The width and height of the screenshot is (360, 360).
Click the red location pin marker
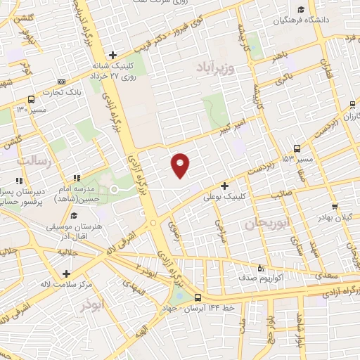(181, 165)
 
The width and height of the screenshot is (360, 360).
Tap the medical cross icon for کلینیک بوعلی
(224, 186)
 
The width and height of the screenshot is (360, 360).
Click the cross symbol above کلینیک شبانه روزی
(112, 55)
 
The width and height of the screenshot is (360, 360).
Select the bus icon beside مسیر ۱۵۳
(297, 148)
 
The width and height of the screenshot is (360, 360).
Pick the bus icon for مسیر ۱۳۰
(31, 99)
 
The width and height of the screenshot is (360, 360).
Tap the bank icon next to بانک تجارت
(60, 82)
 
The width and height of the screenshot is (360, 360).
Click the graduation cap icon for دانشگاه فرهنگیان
(301, 9)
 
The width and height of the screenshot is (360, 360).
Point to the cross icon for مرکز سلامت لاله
(66, 274)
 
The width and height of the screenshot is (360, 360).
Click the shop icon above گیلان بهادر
(335, 207)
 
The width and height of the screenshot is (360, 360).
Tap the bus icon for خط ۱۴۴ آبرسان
(198, 297)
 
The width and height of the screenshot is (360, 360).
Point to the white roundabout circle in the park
(113, 190)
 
